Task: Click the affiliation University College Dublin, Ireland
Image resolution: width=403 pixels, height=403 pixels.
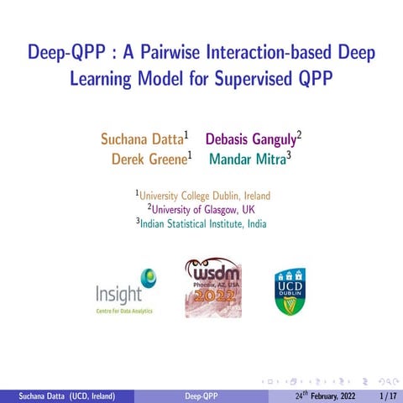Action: click(x=204, y=196)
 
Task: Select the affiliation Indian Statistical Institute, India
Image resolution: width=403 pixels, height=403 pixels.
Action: click(x=201, y=223)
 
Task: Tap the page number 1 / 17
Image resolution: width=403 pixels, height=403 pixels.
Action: click(x=388, y=395)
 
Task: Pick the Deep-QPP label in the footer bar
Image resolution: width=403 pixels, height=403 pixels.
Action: click(x=201, y=395)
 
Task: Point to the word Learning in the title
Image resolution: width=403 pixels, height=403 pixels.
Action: click(x=102, y=81)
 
